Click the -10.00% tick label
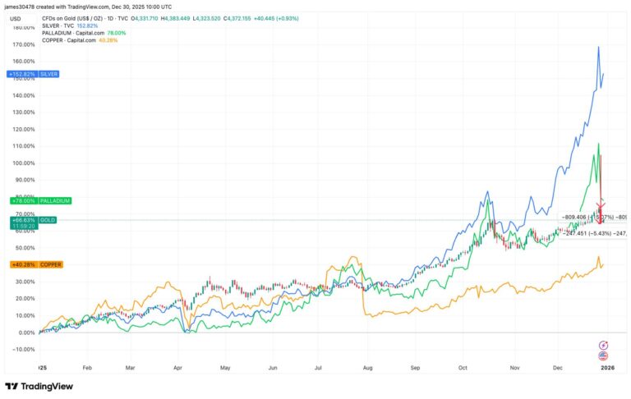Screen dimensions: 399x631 click(x=22, y=349)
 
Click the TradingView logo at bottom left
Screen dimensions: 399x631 click(x=39, y=387)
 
